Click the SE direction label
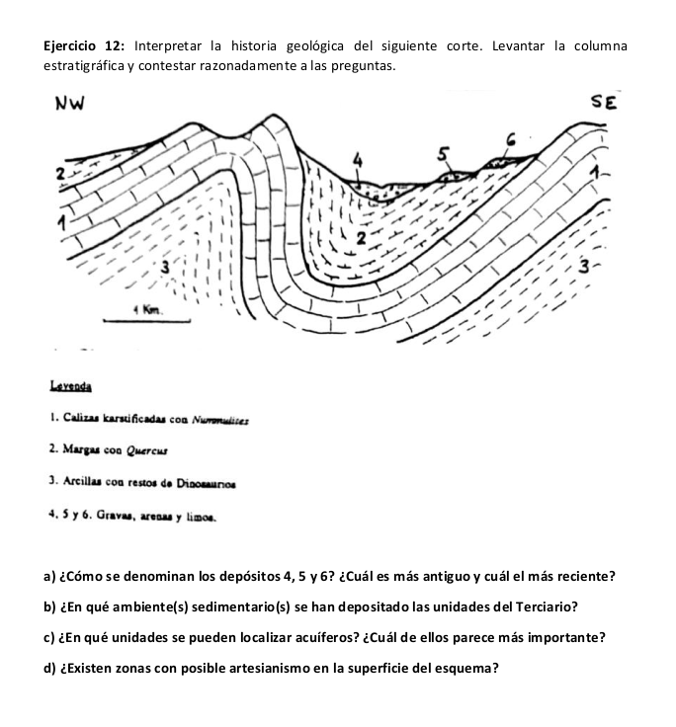point(604,102)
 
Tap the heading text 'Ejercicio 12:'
point(84,46)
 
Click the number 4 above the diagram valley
point(358,158)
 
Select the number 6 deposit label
point(510,139)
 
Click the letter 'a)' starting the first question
point(49,575)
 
